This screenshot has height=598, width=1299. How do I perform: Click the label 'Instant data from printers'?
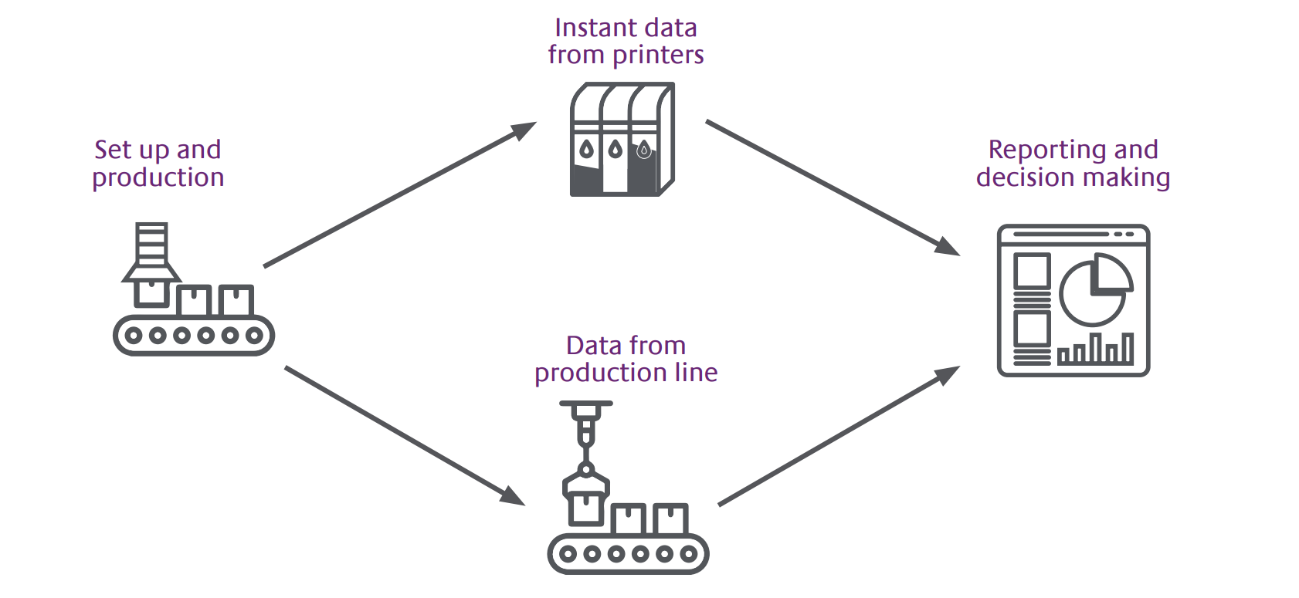click(626, 42)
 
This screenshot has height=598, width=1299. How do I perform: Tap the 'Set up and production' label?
click(158, 164)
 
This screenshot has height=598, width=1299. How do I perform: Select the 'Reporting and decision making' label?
click(1073, 164)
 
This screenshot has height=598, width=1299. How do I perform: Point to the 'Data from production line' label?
click(626, 359)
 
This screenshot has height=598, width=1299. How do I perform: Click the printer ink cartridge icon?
click(622, 140)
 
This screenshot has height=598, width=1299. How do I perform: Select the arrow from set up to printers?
click(399, 194)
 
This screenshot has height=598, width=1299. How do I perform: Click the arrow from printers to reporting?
click(833, 188)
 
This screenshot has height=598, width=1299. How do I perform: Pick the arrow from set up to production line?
click(405, 436)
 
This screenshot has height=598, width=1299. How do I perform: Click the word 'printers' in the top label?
click(658, 56)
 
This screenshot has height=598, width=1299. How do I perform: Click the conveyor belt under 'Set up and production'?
click(194, 335)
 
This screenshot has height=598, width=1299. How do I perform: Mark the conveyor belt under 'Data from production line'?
click(628, 553)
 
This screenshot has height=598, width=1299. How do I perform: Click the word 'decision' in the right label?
click(1024, 177)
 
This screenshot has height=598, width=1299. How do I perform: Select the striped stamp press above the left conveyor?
click(151, 252)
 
